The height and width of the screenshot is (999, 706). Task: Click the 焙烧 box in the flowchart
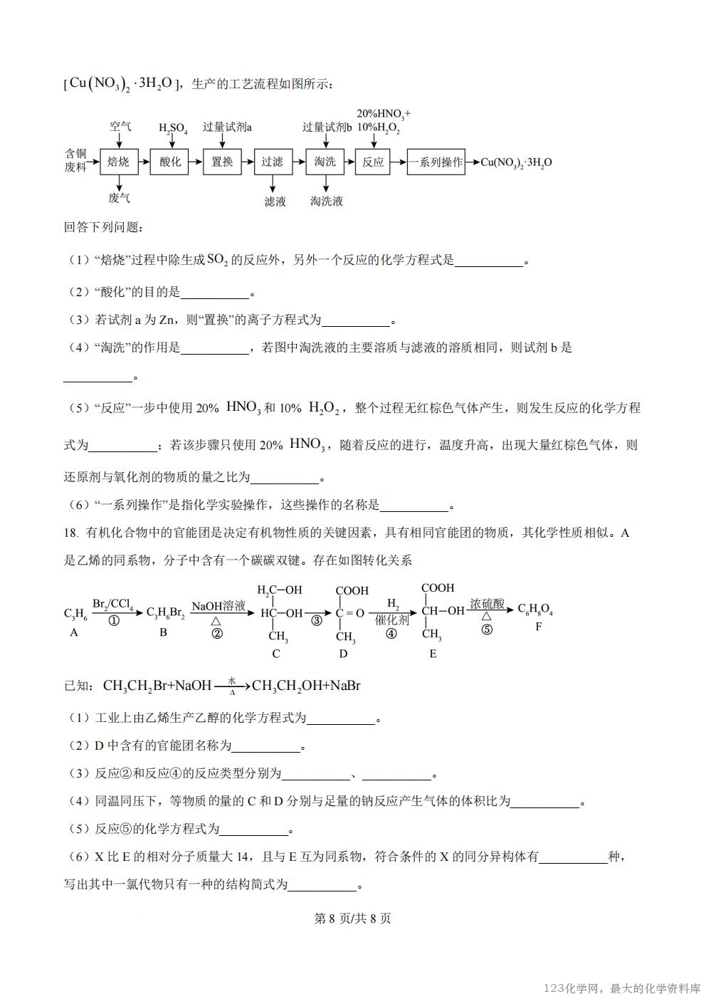(x=118, y=162)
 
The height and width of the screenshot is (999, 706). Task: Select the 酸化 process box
(x=170, y=162)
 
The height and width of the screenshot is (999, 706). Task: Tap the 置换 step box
(x=222, y=162)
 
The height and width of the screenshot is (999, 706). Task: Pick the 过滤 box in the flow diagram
(x=272, y=162)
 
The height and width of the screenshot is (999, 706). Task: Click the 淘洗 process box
(x=325, y=162)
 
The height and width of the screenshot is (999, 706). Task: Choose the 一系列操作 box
(x=436, y=162)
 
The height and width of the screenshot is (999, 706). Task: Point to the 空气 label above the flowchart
(x=120, y=127)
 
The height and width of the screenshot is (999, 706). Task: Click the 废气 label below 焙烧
(x=119, y=197)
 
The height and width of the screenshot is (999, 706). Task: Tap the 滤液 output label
(x=275, y=202)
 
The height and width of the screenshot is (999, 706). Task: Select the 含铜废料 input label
(x=75, y=160)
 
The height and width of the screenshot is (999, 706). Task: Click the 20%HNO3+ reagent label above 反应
(x=383, y=114)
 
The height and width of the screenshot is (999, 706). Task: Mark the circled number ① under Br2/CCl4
(x=113, y=621)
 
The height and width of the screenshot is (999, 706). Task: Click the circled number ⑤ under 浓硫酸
(x=487, y=629)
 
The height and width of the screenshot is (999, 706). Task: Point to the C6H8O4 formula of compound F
(x=535, y=610)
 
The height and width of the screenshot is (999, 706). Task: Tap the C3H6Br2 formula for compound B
(x=165, y=613)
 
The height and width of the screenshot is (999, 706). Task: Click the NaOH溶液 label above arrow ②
(x=218, y=606)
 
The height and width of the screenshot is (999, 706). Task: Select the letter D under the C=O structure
(x=343, y=654)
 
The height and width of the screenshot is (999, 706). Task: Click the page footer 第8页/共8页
(x=352, y=918)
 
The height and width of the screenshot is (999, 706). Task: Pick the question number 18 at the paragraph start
(x=70, y=533)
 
